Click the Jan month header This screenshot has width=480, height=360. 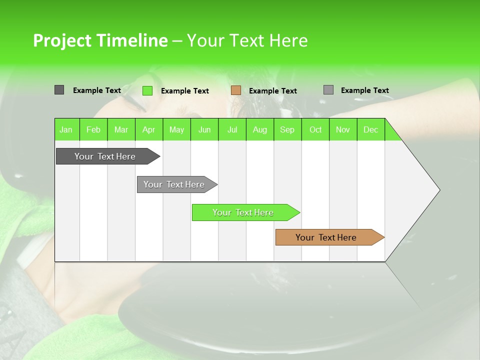coord(66,129)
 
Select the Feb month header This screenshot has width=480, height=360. coord(93,129)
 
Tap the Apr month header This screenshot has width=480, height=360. coord(149,129)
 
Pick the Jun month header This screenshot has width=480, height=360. coord(204,129)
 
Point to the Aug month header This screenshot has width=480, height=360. coord(260,129)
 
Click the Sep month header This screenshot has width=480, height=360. coord(287,129)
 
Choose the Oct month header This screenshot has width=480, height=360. coord(315,129)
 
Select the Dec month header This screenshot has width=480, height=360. coord(371,129)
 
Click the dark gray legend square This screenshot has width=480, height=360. coord(59,90)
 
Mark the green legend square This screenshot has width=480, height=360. coord(147,90)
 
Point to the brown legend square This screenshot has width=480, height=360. coord(236,90)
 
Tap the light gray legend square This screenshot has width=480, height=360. coord(328,90)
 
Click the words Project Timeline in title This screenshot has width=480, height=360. coord(100,40)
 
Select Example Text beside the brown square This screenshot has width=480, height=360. coord(273,91)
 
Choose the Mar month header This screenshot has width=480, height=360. coord(121,129)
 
